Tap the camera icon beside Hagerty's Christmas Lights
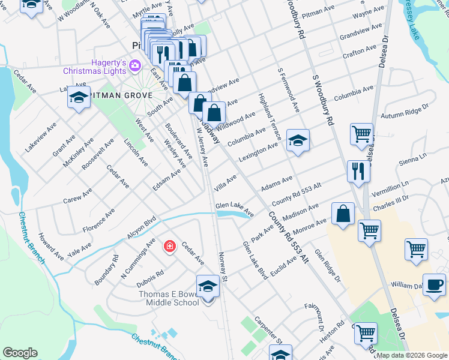[x=135, y=65]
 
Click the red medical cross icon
[x=170, y=246]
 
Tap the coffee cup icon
[x=434, y=285]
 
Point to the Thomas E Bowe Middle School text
[x=169, y=298]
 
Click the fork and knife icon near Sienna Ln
[x=358, y=171]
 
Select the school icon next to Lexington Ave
[x=298, y=141]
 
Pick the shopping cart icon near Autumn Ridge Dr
[x=361, y=135]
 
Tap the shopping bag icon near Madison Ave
[x=342, y=215]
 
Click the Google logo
[x=19, y=353]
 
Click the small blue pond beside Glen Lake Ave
[x=232, y=214]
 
